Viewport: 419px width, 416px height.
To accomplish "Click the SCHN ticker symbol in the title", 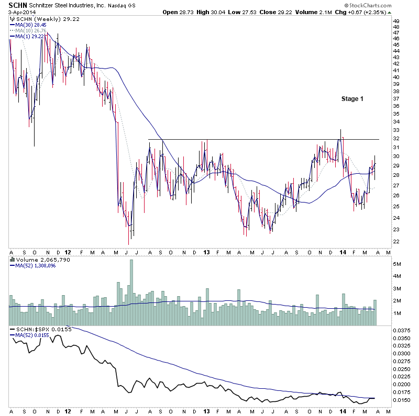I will point(18,5).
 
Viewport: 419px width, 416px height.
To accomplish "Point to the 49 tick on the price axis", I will point(396,21).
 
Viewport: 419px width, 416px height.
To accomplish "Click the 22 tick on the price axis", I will point(396,242).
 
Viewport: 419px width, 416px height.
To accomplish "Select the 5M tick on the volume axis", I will point(398,264).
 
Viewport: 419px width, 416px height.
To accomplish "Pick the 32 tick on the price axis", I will point(396,139).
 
